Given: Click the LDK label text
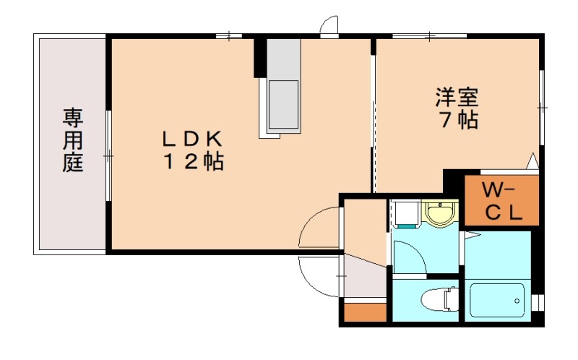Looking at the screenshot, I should (191, 137).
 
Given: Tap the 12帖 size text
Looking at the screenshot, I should (191, 162).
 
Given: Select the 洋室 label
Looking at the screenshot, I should (457, 95).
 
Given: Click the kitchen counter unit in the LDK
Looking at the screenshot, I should (283, 87).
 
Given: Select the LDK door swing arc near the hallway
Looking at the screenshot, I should (318, 228).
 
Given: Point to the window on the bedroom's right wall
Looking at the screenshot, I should (541, 107).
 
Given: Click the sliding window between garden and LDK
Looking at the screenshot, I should (108, 155).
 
